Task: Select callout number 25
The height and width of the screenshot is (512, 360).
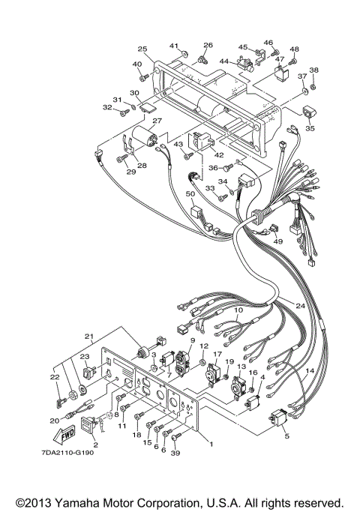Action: point(142,49)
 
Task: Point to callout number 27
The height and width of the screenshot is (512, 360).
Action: point(157,121)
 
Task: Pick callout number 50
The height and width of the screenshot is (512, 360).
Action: point(190,194)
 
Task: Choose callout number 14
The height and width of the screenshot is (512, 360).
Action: point(309,371)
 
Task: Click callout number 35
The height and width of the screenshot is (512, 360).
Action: point(310,128)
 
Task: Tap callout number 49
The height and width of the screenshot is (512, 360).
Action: point(278,241)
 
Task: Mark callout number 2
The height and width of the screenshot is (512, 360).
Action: point(95,445)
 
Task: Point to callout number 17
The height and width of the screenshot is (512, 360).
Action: point(217,355)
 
